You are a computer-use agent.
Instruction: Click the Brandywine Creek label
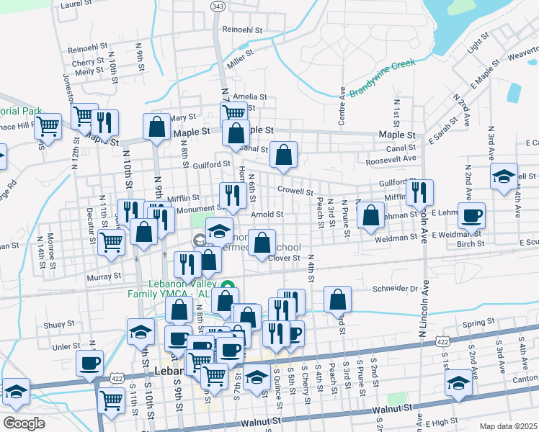[x=383, y=78]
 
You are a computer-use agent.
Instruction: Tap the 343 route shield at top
[x=218, y=6]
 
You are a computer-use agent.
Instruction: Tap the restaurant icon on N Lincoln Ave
[x=419, y=192]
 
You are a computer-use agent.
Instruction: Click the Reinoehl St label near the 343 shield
[x=246, y=30]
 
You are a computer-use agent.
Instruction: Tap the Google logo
[x=24, y=423]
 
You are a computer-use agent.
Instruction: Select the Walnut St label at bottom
[x=393, y=408]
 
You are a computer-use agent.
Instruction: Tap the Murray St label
[x=105, y=276]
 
